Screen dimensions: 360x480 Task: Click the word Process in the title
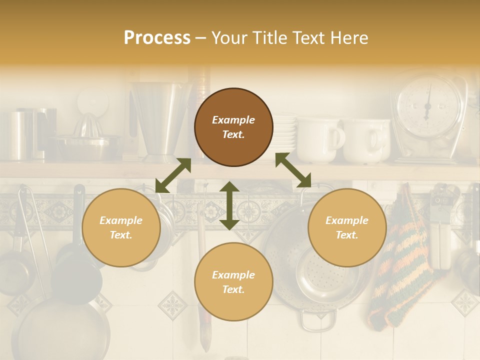point(157,38)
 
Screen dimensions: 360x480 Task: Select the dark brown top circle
point(233,127)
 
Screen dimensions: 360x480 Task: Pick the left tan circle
point(121,227)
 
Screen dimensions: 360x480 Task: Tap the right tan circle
point(346,227)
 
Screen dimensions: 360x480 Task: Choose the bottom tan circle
point(233,282)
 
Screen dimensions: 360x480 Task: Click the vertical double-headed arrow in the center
point(229,205)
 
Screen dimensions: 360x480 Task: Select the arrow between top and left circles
point(173,175)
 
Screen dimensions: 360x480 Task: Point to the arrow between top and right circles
point(293,170)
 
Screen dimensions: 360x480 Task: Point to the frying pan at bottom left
point(60,330)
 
